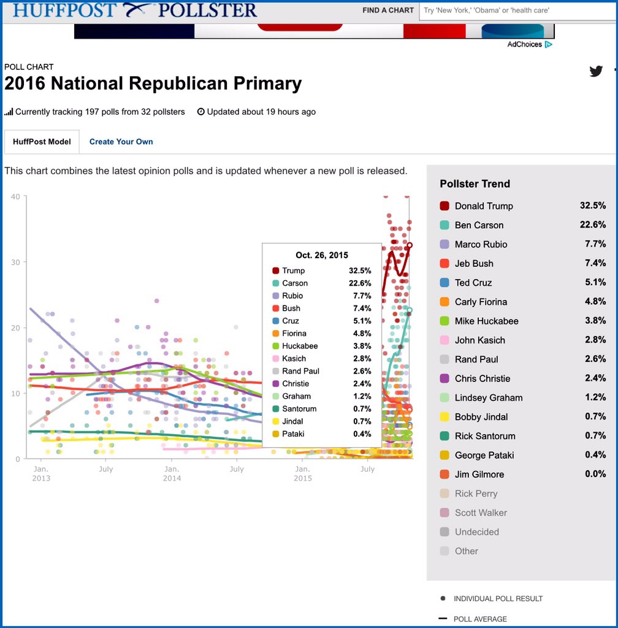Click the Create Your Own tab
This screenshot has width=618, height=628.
point(121,142)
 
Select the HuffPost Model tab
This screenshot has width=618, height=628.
point(42,142)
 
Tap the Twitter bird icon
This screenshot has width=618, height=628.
point(596,71)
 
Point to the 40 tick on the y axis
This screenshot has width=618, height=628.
point(15,197)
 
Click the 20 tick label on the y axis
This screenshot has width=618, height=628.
point(15,327)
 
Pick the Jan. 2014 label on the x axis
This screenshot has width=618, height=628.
point(172,473)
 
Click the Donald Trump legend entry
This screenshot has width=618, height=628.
point(484,206)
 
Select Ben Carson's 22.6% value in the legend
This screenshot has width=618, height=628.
point(593,225)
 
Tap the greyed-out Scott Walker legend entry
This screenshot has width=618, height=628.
point(481,513)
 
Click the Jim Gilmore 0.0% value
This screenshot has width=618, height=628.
point(595,474)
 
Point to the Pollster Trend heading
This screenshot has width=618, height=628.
point(475,184)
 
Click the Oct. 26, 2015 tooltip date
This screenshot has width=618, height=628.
point(322,255)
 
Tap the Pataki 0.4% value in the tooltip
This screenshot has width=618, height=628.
point(362,434)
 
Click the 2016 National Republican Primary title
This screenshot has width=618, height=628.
point(153,84)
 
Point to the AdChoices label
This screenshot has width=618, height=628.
point(525,44)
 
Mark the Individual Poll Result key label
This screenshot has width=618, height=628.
point(498,599)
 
